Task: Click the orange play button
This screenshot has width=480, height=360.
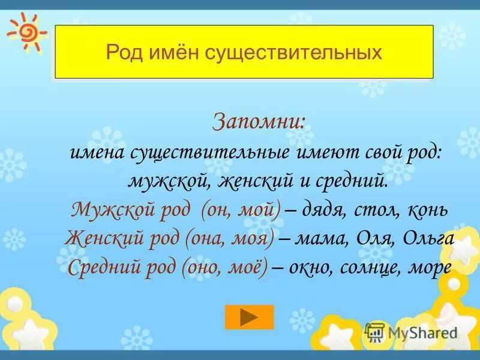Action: click(x=249, y=317)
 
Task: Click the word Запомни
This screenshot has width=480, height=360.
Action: click(x=259, y=122)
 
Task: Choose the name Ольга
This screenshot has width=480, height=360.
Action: click(x=427, y=239)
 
